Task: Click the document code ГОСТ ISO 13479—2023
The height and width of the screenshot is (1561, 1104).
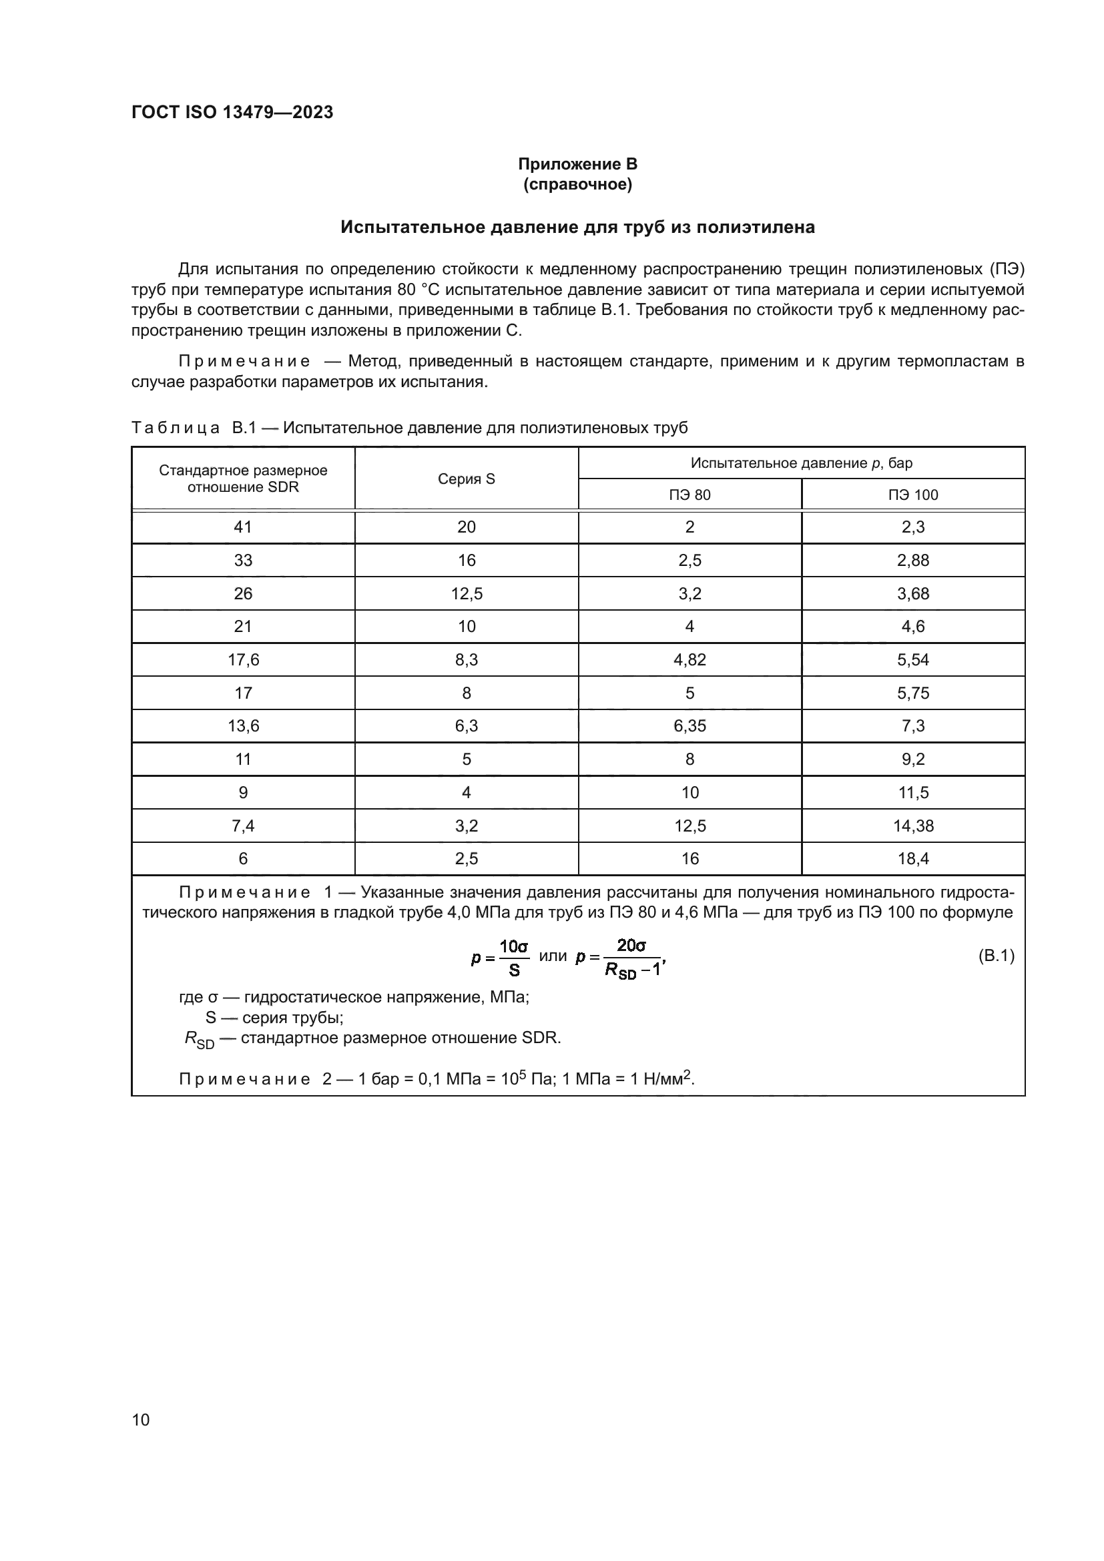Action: coord(232,112)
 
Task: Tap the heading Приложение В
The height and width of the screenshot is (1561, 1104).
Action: coord(577,164)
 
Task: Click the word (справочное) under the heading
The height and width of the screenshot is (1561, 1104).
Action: coord(577,184)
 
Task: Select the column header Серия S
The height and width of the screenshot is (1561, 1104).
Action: coord(467,479)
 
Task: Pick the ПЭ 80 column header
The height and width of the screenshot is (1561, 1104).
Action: coord(689,495)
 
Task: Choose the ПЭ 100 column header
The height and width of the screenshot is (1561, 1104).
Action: coord(912,495)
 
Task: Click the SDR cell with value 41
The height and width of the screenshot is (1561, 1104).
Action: coord(243,527)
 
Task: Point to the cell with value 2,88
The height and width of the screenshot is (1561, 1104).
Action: coord(912,560)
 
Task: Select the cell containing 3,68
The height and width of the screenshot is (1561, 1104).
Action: coord(912,593)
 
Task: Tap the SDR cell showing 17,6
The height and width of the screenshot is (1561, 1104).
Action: coord(243,659)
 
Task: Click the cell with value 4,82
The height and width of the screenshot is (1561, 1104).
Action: coord(689,659)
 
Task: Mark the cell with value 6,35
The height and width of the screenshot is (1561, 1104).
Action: coord(689,725)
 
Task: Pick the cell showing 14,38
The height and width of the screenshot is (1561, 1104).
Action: coord(912,826)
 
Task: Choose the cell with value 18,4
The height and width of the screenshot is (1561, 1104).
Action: coord(912,859)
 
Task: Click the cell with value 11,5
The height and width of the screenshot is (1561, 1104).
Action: coord(912,792)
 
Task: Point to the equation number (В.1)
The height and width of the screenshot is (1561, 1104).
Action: coord(996,956)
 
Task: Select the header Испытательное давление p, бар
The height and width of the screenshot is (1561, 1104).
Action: coord(801,463)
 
